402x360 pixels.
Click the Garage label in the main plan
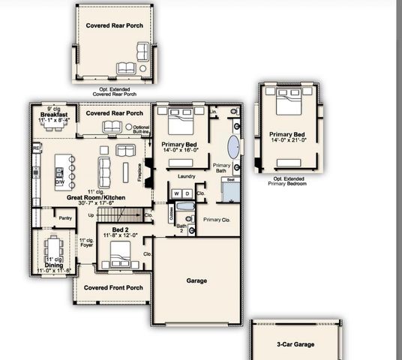click(196, 281)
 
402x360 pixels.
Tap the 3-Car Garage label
click(293, 345)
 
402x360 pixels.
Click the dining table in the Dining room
click(53, 248)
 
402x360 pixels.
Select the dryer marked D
click(188, 193)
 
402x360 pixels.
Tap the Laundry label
click(187, 176)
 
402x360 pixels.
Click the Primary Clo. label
click(217, 220)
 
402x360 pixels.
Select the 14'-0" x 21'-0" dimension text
click(289, 140)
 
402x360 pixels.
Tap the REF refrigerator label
click(36, 148)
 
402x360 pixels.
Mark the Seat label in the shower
click(231, 181)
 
